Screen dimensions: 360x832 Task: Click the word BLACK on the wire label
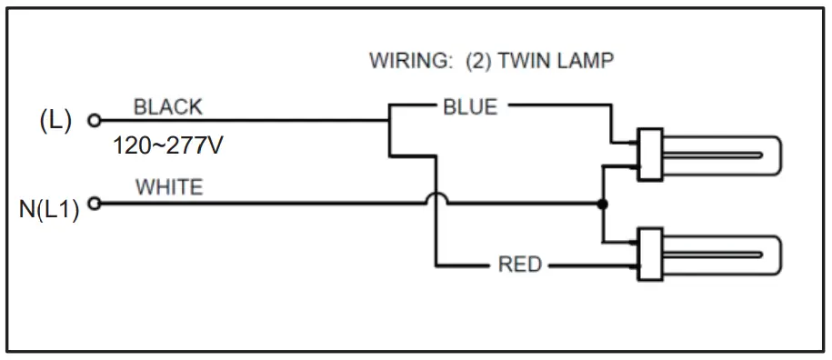168,107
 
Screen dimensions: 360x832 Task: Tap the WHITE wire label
169,187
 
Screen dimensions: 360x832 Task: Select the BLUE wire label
470,107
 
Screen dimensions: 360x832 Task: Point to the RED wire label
519,265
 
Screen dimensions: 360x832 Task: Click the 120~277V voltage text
168,145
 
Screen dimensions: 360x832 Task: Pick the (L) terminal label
55,121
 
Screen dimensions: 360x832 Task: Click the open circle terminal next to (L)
92,120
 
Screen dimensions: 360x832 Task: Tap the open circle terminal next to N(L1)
91,204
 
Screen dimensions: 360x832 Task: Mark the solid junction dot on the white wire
602,204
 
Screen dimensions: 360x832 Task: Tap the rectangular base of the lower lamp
648,254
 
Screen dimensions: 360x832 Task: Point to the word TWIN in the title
530,62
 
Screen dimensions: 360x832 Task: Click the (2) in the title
478,62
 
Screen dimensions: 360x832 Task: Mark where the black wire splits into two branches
389,120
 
